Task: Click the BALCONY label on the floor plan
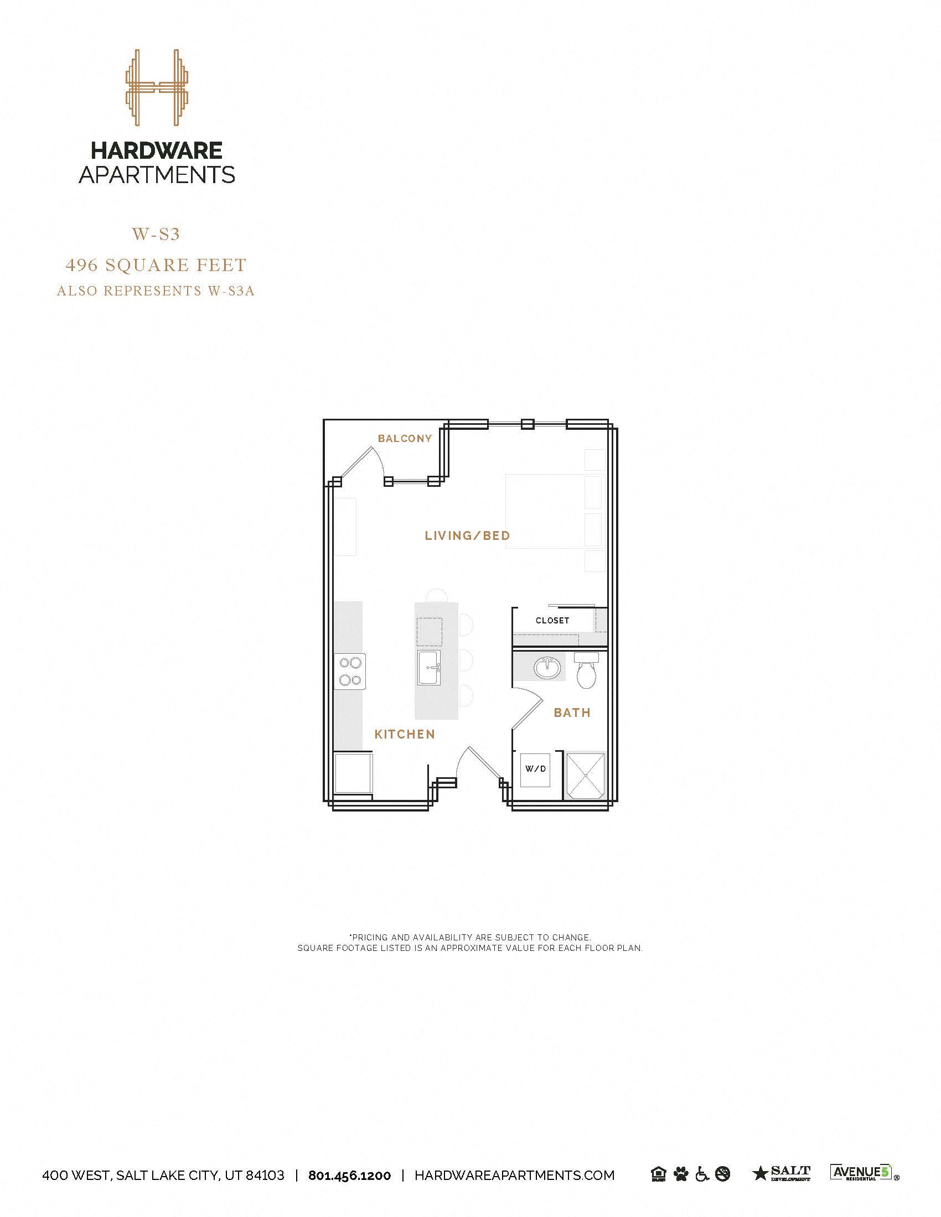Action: pyautogui.click(x=405, y=439)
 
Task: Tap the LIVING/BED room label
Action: pyautogui.click(x=467, y=535)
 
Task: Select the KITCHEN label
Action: pyautogui.click(x=405, y=735)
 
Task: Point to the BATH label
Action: pyautogui.click(x=572, y=712)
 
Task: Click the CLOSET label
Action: pyautogui.click(x=552, y=621)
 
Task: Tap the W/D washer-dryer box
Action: pyautogui.click(x=535, y=769)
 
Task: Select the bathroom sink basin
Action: pyautogui.click(x=547, y=667)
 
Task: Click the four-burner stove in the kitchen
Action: pyautogui.click(x=350, y=672)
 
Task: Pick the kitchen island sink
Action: pyautogui.click(x=428, y=667)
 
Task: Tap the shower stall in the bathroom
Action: pyautogui.click(x=585, y=775)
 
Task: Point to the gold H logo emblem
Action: pyautogui.click(x=157, y=87)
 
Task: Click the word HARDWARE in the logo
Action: pyautogui.click(x=157, y=150)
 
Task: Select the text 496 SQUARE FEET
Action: pyautogui.click(x=156, y=265)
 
